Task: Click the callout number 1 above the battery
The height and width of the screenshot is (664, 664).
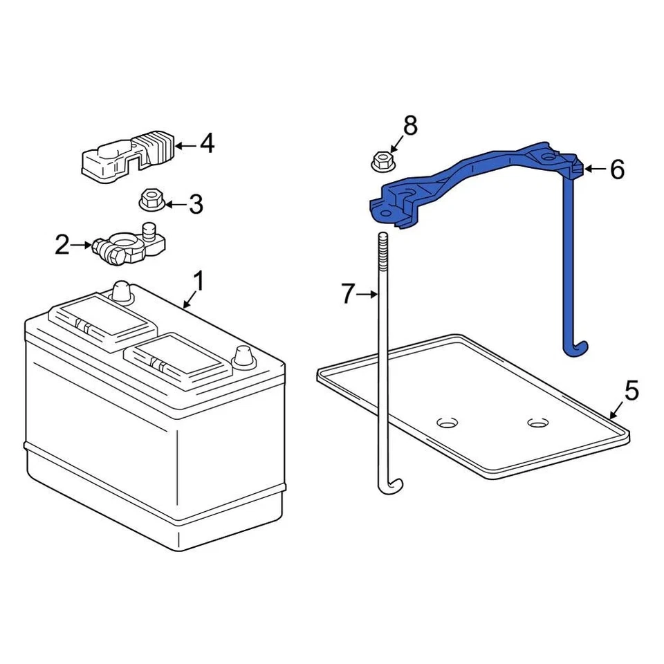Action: [198, 282]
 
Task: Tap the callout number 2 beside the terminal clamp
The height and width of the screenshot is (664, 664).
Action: [63, 244]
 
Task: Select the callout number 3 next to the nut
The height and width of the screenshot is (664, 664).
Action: [196, 204]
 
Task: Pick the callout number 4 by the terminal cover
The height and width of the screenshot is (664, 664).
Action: [206, 145]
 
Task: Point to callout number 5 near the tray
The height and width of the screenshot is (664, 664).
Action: [631, 390]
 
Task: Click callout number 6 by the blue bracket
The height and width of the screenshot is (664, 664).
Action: [617, 169]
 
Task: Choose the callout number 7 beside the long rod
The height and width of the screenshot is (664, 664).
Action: [348, 295]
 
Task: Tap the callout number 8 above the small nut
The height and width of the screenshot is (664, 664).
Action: [410, 126]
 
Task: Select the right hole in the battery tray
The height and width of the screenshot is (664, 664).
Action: [536, 423]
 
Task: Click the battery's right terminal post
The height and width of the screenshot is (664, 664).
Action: [243, 356]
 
